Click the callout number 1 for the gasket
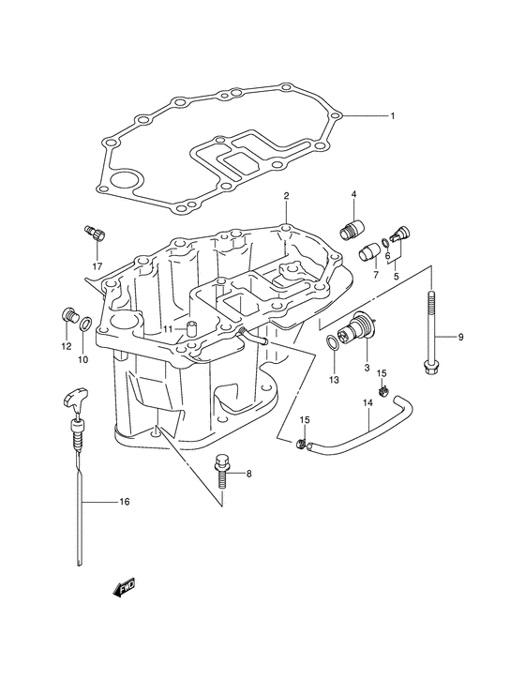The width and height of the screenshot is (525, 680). point(392,116)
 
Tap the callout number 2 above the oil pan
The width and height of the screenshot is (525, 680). point(286,196)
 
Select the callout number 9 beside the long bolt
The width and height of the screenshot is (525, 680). point(461,337)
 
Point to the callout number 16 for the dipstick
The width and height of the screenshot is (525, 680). point(125,502)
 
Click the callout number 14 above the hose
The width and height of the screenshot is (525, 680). point(367,403)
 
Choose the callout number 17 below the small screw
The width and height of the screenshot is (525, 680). point(97,265)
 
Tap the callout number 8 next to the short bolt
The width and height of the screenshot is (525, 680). point(248,474)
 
